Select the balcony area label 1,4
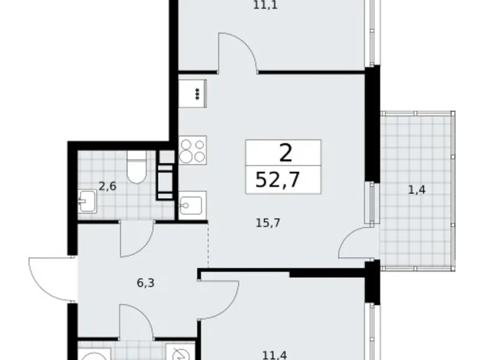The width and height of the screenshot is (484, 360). tap(416, 190)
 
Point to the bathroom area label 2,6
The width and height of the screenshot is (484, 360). tap(107, 184)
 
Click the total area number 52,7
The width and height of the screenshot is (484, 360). tap(282, 181)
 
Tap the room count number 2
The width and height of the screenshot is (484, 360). tap(284, 152)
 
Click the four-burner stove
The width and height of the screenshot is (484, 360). tap(192, 150)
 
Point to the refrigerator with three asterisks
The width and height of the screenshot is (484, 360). tap(197, 94)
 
